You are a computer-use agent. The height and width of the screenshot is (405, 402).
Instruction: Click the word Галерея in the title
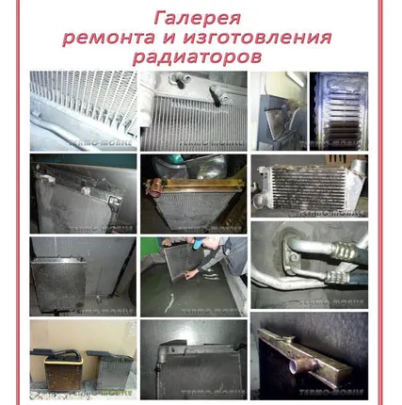pyautogui.click(x=197, y=18)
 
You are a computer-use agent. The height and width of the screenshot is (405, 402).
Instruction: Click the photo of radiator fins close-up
pyautogui.click(x=82, y=110)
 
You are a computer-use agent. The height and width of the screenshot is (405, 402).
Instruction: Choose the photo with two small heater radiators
pyautogui.click(x=82, y=360)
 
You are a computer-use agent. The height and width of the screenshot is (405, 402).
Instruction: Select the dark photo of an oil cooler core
pyautogui.click(x=338, y=110)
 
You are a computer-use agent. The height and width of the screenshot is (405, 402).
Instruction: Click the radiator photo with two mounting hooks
pyautogui.click(x=193, y=111)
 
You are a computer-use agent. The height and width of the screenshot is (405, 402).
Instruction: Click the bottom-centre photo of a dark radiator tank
pyautogui.click(x=193, y=360)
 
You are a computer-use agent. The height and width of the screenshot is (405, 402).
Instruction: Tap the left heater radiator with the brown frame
pyautogui.click(x=58, y=369)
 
